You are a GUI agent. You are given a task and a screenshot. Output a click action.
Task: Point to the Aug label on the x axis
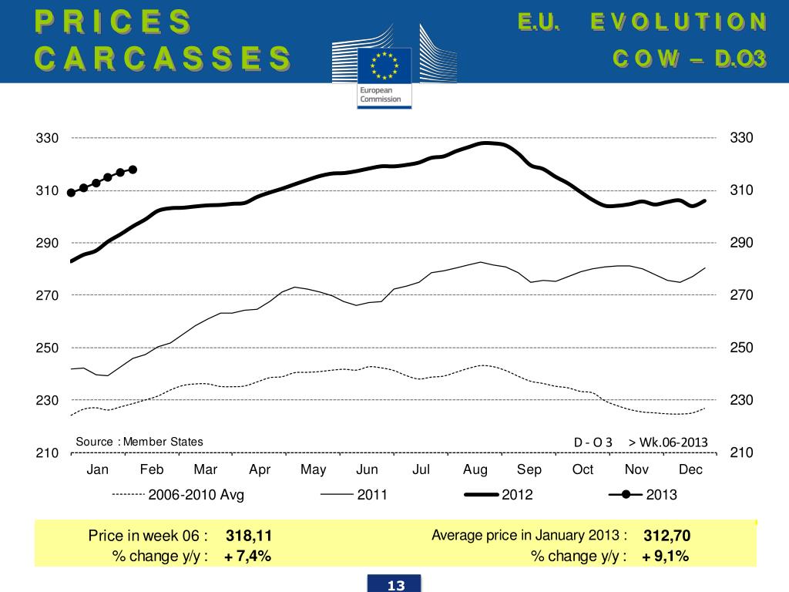point(475,469)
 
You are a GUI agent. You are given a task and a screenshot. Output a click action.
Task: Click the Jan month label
point(98,469)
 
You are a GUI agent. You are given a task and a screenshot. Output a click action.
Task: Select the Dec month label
point(690,469)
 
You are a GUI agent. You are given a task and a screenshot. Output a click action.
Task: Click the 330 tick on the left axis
point(48,139)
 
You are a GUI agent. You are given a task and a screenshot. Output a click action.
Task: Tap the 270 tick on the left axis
point(48,295)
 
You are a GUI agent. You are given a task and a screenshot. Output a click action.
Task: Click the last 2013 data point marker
point(133,170)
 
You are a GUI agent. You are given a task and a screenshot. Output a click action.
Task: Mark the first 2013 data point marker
point(72,193)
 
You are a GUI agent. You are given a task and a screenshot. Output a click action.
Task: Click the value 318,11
point(249,536)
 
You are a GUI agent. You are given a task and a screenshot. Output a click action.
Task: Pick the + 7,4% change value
point(247,556)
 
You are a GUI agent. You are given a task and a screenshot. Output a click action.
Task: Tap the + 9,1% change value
point(665,556)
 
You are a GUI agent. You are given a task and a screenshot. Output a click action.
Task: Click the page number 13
point(396,585)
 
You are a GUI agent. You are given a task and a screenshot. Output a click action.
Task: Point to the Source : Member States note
point(139,442)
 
